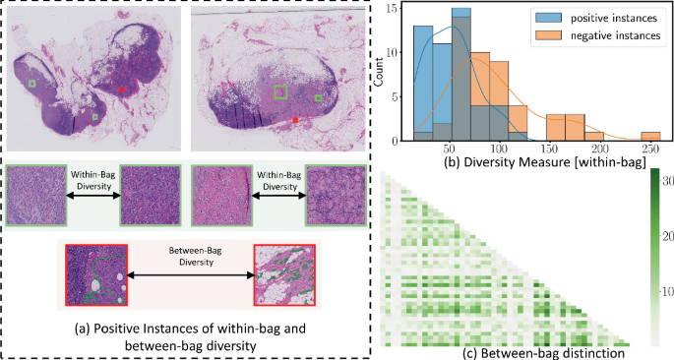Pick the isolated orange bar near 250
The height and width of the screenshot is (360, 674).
[650, 136]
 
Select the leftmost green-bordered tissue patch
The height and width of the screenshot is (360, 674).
[34, 196]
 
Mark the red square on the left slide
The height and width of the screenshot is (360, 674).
[122, 90]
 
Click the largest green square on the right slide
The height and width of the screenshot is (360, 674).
[280, 92]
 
